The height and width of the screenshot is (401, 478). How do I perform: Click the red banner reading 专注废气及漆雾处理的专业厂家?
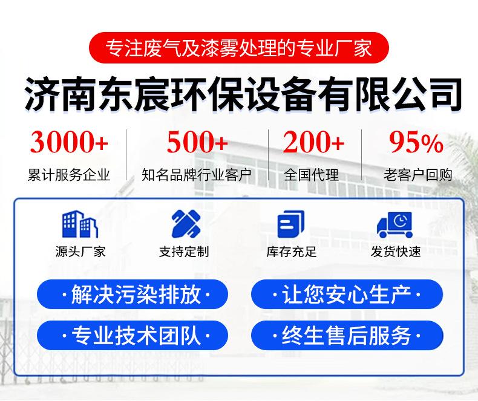point(238,48)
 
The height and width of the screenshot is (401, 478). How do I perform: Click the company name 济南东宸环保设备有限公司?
point(243,94)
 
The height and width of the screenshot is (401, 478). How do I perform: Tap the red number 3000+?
point(69,142)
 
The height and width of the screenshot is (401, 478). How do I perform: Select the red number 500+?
point(197,142)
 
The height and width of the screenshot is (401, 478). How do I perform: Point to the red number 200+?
point(313,142)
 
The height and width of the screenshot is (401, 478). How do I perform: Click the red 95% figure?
point(416,142)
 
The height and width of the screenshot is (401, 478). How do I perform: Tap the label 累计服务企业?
point(68,175)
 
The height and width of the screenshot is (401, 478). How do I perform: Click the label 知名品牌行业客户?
point(197,175)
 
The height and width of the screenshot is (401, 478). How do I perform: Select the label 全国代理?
point(311,175)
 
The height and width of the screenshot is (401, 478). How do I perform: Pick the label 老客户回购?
point(417,175)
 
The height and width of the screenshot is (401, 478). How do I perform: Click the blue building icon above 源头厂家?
point(80,224)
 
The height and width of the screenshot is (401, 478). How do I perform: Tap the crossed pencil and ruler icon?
point(186,224)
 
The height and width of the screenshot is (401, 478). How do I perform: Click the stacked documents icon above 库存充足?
point(291,224)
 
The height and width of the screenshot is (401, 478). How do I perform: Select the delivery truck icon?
point(395,224)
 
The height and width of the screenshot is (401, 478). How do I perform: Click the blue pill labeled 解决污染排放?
point(133,295)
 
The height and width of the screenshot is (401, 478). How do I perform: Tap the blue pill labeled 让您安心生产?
point(347,295)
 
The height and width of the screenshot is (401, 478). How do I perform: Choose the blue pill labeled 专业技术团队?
point(133,335)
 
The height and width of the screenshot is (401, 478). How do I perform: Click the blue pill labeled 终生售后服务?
point(347,335)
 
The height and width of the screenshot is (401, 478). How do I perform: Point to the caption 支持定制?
point(184,252)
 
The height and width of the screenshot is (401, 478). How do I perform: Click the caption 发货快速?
point(396,252)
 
